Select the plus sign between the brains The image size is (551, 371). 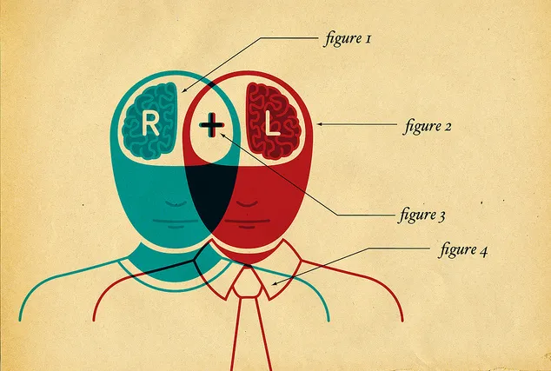(x=211, y=125)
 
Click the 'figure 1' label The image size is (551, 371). (x=347, y=38)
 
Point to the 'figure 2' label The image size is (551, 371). (x=427, y=126)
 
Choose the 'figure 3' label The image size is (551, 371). (x=422, y=215)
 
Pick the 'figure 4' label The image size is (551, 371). (x=463, y=249)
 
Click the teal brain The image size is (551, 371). (x=149, y=121)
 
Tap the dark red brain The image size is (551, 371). (x=274, y=121)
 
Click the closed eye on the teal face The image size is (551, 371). (x=176, y=204)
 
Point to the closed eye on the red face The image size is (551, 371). (x=247, y=204)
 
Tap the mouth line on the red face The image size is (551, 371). (x=247, y=222)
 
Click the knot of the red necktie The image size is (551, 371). (x=248, y=283)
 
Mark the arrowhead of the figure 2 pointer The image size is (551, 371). (x=320, y=124)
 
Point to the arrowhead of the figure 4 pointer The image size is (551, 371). (x=275, y=283)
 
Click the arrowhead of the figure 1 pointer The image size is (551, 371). (x=183, y=90)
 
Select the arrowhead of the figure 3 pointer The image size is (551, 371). (x=222, y=135)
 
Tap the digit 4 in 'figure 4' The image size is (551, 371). (x=483, y=251)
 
